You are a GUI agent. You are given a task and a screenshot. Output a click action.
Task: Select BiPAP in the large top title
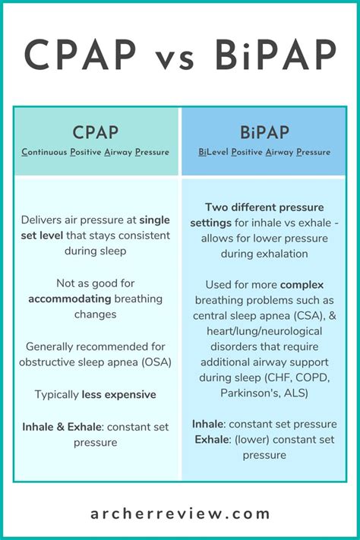279,55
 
